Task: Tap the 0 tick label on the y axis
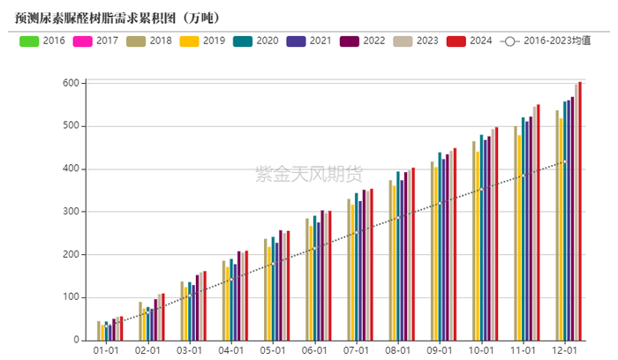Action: [77, 341]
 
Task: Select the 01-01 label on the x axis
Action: [106, 351]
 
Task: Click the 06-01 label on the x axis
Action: [315, 351]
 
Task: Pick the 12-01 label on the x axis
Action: [566, 351]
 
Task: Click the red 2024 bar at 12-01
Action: [580, 212]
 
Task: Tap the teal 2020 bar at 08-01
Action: [398, 256]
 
